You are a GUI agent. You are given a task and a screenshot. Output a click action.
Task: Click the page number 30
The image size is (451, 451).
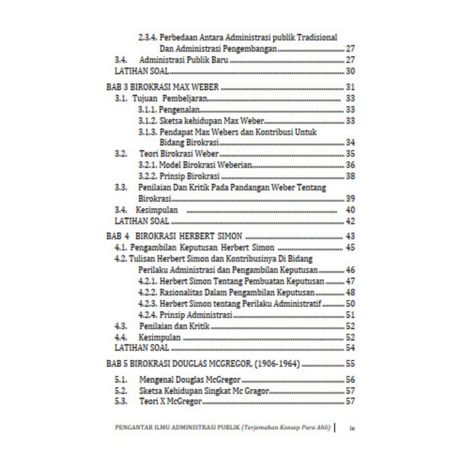[x=350, y=71]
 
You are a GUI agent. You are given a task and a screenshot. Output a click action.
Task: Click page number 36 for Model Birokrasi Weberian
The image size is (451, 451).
[x=350, y=165]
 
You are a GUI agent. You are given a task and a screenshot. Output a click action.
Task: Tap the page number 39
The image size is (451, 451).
[x=350, y=199]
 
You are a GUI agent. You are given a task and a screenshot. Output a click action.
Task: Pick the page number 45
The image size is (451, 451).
[x=350, y=248]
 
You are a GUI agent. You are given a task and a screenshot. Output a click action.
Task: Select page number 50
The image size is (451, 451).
[x=350, y=304]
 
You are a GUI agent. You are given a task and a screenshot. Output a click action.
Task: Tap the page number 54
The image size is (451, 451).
[x=350, y=348]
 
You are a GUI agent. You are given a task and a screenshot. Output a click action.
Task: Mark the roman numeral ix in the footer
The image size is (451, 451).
[x=352, y=428]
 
